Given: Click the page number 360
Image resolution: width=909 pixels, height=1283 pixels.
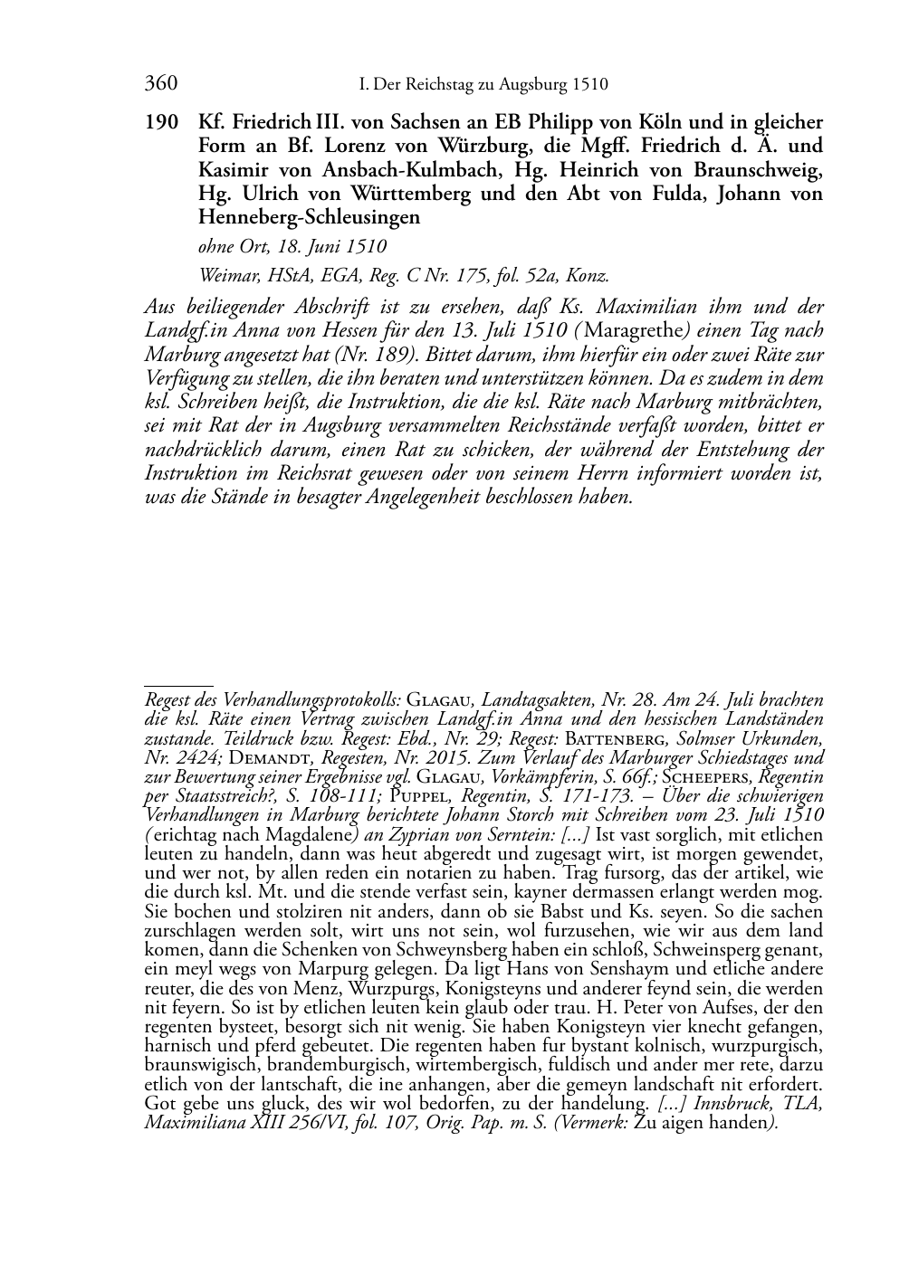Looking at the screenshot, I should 160,85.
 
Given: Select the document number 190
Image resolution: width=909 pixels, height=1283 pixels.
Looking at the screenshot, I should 160,122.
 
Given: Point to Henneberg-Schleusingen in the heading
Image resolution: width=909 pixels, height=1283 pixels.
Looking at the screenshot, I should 309,217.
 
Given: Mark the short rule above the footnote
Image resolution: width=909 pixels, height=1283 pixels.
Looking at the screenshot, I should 178,686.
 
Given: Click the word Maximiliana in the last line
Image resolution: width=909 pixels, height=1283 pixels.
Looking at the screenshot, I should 189,1123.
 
